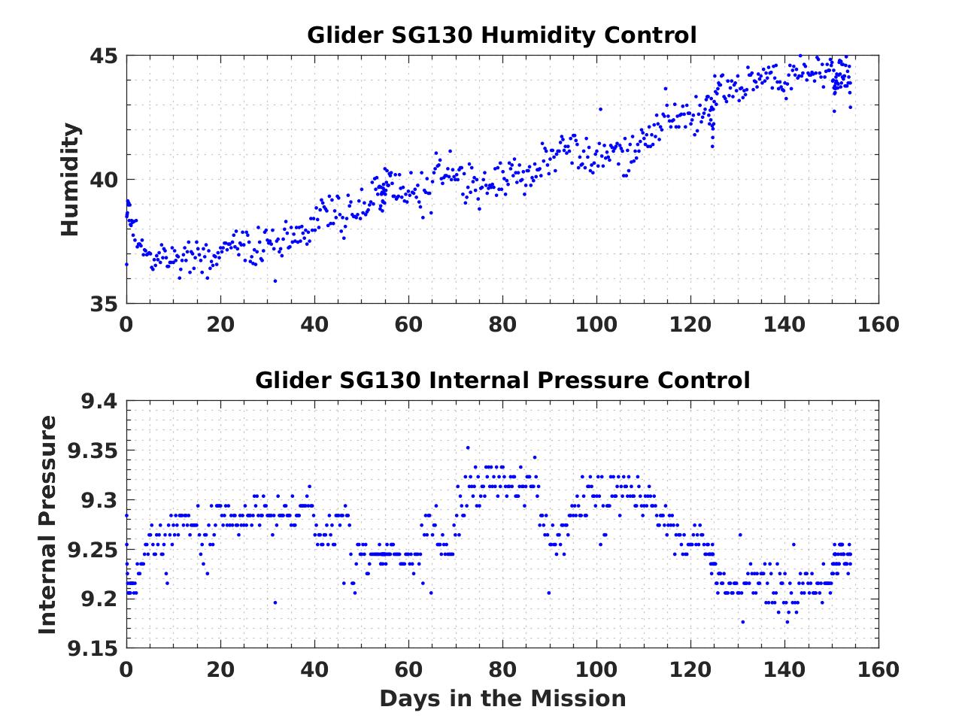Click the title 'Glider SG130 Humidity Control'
click(502, 35)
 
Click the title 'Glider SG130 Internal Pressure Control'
click(502, 381)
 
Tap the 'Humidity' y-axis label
click(70, 180)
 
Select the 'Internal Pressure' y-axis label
click(47, 524)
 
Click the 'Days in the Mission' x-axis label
click(502, 699)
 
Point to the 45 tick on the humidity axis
click(105, 56)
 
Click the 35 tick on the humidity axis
click(105, 304)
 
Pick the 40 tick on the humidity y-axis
click(105, 180)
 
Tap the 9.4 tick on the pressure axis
click(99, 402)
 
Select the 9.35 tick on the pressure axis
click(93, 451)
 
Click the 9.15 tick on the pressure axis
click(93, 648)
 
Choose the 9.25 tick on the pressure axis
click(93, 550)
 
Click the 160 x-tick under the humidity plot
click(878, 324)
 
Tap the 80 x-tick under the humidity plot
click(502, 324)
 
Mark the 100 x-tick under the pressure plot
click(596, 669)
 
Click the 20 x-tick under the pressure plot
click(220, 669)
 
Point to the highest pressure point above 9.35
click(468, 447)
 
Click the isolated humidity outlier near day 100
click(600, 109)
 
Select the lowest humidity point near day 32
click(275, 281)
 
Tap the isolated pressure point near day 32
click(275, 602)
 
